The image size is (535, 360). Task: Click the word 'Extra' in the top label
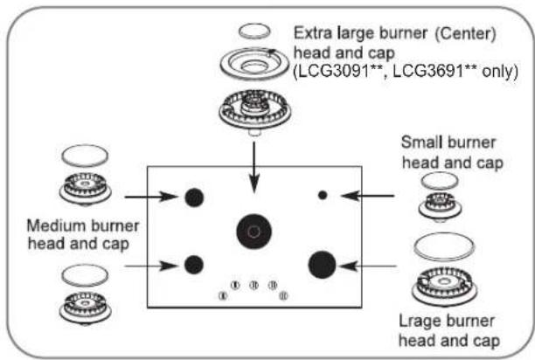tap(313, 33)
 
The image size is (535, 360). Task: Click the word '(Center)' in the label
tap(465, 34)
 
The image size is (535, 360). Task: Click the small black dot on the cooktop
tap(323, 195)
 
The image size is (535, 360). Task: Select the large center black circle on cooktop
tap(254, 232)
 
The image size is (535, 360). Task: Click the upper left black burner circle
tap(194, 197)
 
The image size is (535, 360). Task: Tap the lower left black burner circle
tap(194, 265)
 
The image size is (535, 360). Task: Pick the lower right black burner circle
tap(322, 265)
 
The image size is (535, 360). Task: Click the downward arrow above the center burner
tap(254, 168)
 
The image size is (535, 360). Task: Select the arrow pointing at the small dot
tap(367, 196)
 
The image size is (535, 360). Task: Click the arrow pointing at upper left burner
tap(151, 197)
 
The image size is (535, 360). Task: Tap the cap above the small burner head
tap(440, 181)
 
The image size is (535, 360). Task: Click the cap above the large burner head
tap(444, 246)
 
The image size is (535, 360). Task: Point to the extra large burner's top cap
tap(254, 31)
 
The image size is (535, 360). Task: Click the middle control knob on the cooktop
tap(254, 285)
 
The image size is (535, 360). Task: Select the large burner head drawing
tap(444, 286)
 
